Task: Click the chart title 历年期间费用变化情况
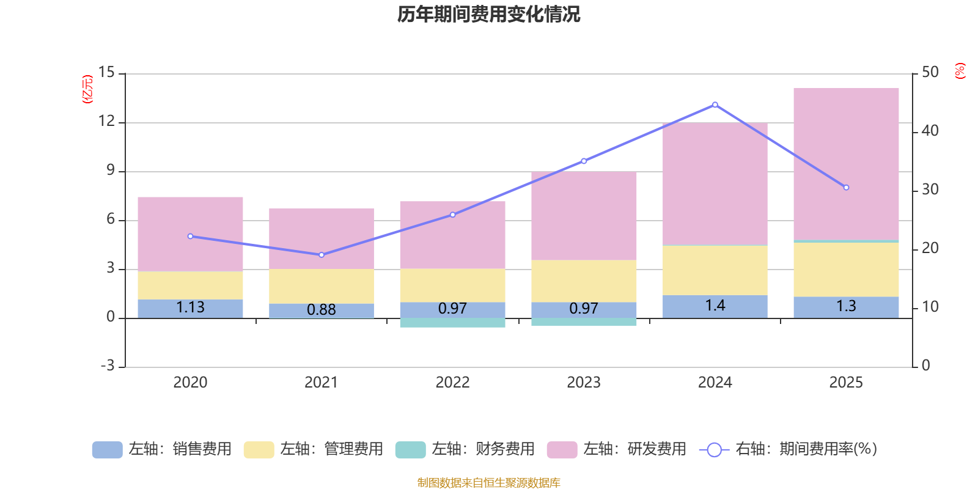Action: click(488, 14)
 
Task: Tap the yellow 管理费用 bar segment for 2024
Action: click(715, 270)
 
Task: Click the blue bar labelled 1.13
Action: click(190, 308)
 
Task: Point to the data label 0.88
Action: click(322, 310)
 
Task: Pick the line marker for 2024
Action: click(715, 105)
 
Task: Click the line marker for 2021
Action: click(322, 255)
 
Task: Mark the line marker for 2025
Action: click(846, 188)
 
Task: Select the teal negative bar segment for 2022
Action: click(452, 323)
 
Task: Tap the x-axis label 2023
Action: click(584, 383)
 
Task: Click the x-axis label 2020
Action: click(190, 383)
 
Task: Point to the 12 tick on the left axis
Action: click(107, 122)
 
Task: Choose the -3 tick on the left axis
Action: click(107, 366)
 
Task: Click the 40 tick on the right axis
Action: click(930, 131)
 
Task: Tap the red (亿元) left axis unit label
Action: click(88, 89)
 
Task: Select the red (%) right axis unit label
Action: click(960, 71)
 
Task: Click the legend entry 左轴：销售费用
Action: click(162, 449)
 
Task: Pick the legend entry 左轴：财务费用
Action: click(465, 449)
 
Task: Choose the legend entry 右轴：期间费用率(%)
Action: click(789, 449)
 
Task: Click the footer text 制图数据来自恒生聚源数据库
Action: click(488, 483)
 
